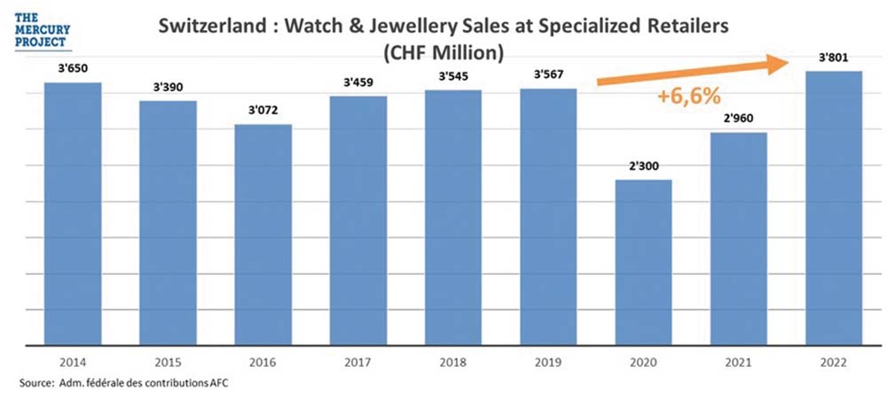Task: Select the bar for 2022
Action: [x=834, y=207]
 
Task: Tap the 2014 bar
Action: [x=73, y=213]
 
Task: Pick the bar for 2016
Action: [x=263, y=234]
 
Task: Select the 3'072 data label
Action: [x=263, y=113]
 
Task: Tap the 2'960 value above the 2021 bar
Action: [x=739, y=121]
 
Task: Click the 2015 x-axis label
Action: [x=168, y=363]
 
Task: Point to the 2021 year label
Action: [x=739, y=363]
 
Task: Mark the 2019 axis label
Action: [x=548, y=363]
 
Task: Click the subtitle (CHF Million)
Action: [x=443, y=52]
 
